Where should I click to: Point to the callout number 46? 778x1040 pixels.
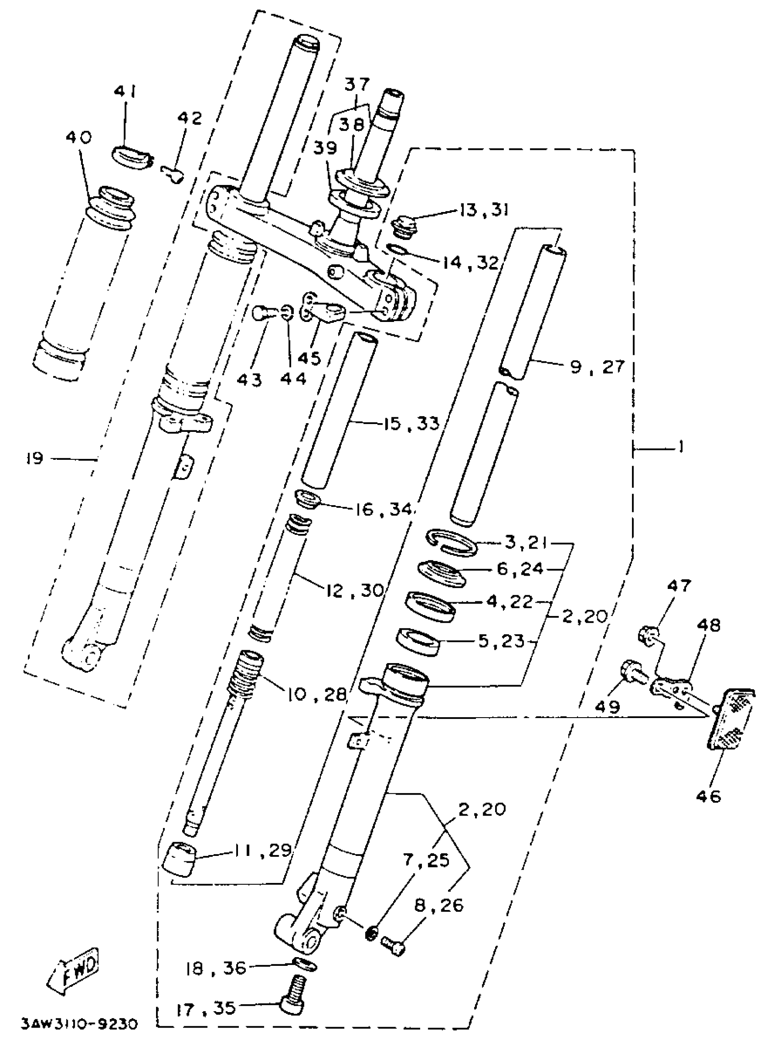(x=709, y=796)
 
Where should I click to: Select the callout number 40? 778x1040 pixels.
(x=78, y=138)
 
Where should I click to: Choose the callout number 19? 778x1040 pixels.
(x=35, y=458)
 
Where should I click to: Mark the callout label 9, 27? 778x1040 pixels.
(x=597, y=366)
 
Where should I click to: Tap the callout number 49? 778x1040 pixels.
(x=607, y=706)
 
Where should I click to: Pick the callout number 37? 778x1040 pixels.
(x=357, y=85)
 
